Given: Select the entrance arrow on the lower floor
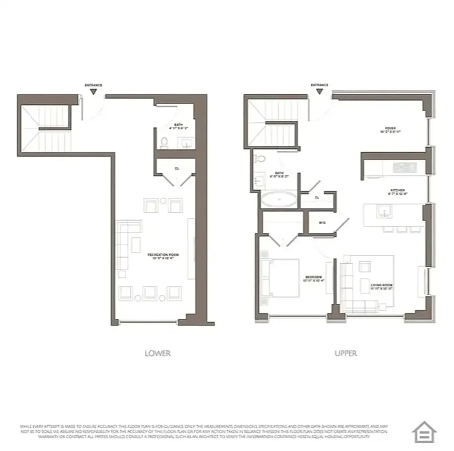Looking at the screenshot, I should tap(93, 91).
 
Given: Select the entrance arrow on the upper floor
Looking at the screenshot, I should tap(319, 91).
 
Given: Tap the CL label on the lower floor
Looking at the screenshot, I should tap(177, 168).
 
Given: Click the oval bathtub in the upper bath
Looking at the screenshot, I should tap(278, 199).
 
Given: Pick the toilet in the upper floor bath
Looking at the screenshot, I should tap(259, 158).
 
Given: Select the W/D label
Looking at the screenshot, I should tap(322, 223).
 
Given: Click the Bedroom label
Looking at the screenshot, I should tap(313, 278).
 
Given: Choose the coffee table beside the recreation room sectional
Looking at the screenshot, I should tap(136, 244).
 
